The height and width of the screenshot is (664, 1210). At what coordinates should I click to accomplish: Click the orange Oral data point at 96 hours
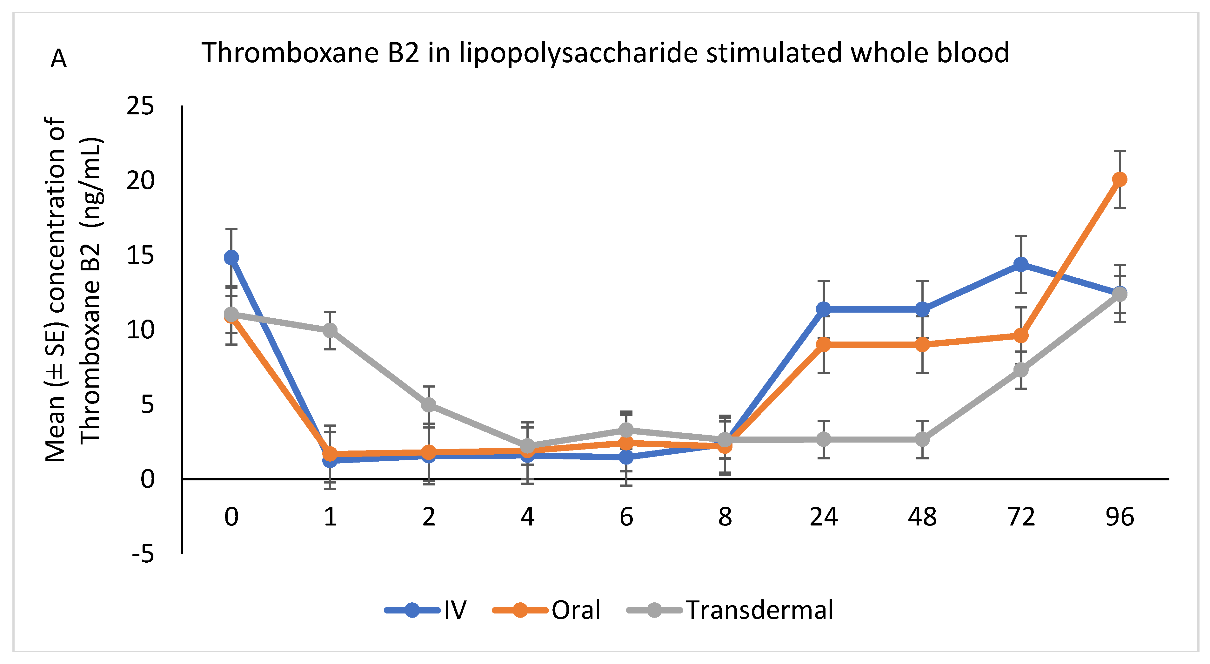tap(1120, 179)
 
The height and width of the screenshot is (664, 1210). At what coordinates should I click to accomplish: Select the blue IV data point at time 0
tap(231, 258)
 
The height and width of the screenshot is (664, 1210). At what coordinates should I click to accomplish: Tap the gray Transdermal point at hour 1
tap(330, 330)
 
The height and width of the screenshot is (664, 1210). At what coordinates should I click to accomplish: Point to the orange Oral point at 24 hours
tap(823, 344)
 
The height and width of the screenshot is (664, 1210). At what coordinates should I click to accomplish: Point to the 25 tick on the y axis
tap(140, 106)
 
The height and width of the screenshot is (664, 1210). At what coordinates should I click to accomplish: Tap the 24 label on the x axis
tap(823, 517)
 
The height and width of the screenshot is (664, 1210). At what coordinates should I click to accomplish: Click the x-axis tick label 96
tap(1120, 517)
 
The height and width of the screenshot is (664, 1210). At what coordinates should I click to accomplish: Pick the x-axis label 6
tap(626, 517)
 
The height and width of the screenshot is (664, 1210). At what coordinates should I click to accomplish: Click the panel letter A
tap(59, 59)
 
